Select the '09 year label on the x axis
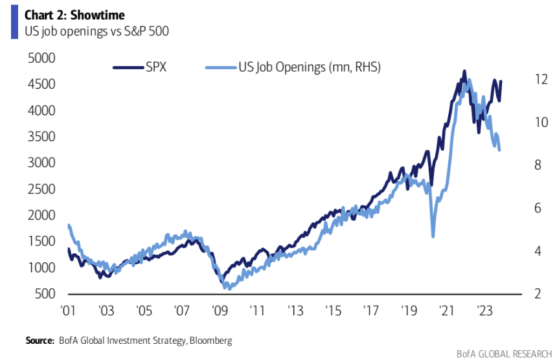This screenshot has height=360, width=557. coord(218,310)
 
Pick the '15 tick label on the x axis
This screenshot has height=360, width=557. coord(332,310)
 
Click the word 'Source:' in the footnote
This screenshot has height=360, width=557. coord(40,339)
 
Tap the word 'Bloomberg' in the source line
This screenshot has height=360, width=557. coord(209,339)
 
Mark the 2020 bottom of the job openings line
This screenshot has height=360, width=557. coord(433,236)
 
